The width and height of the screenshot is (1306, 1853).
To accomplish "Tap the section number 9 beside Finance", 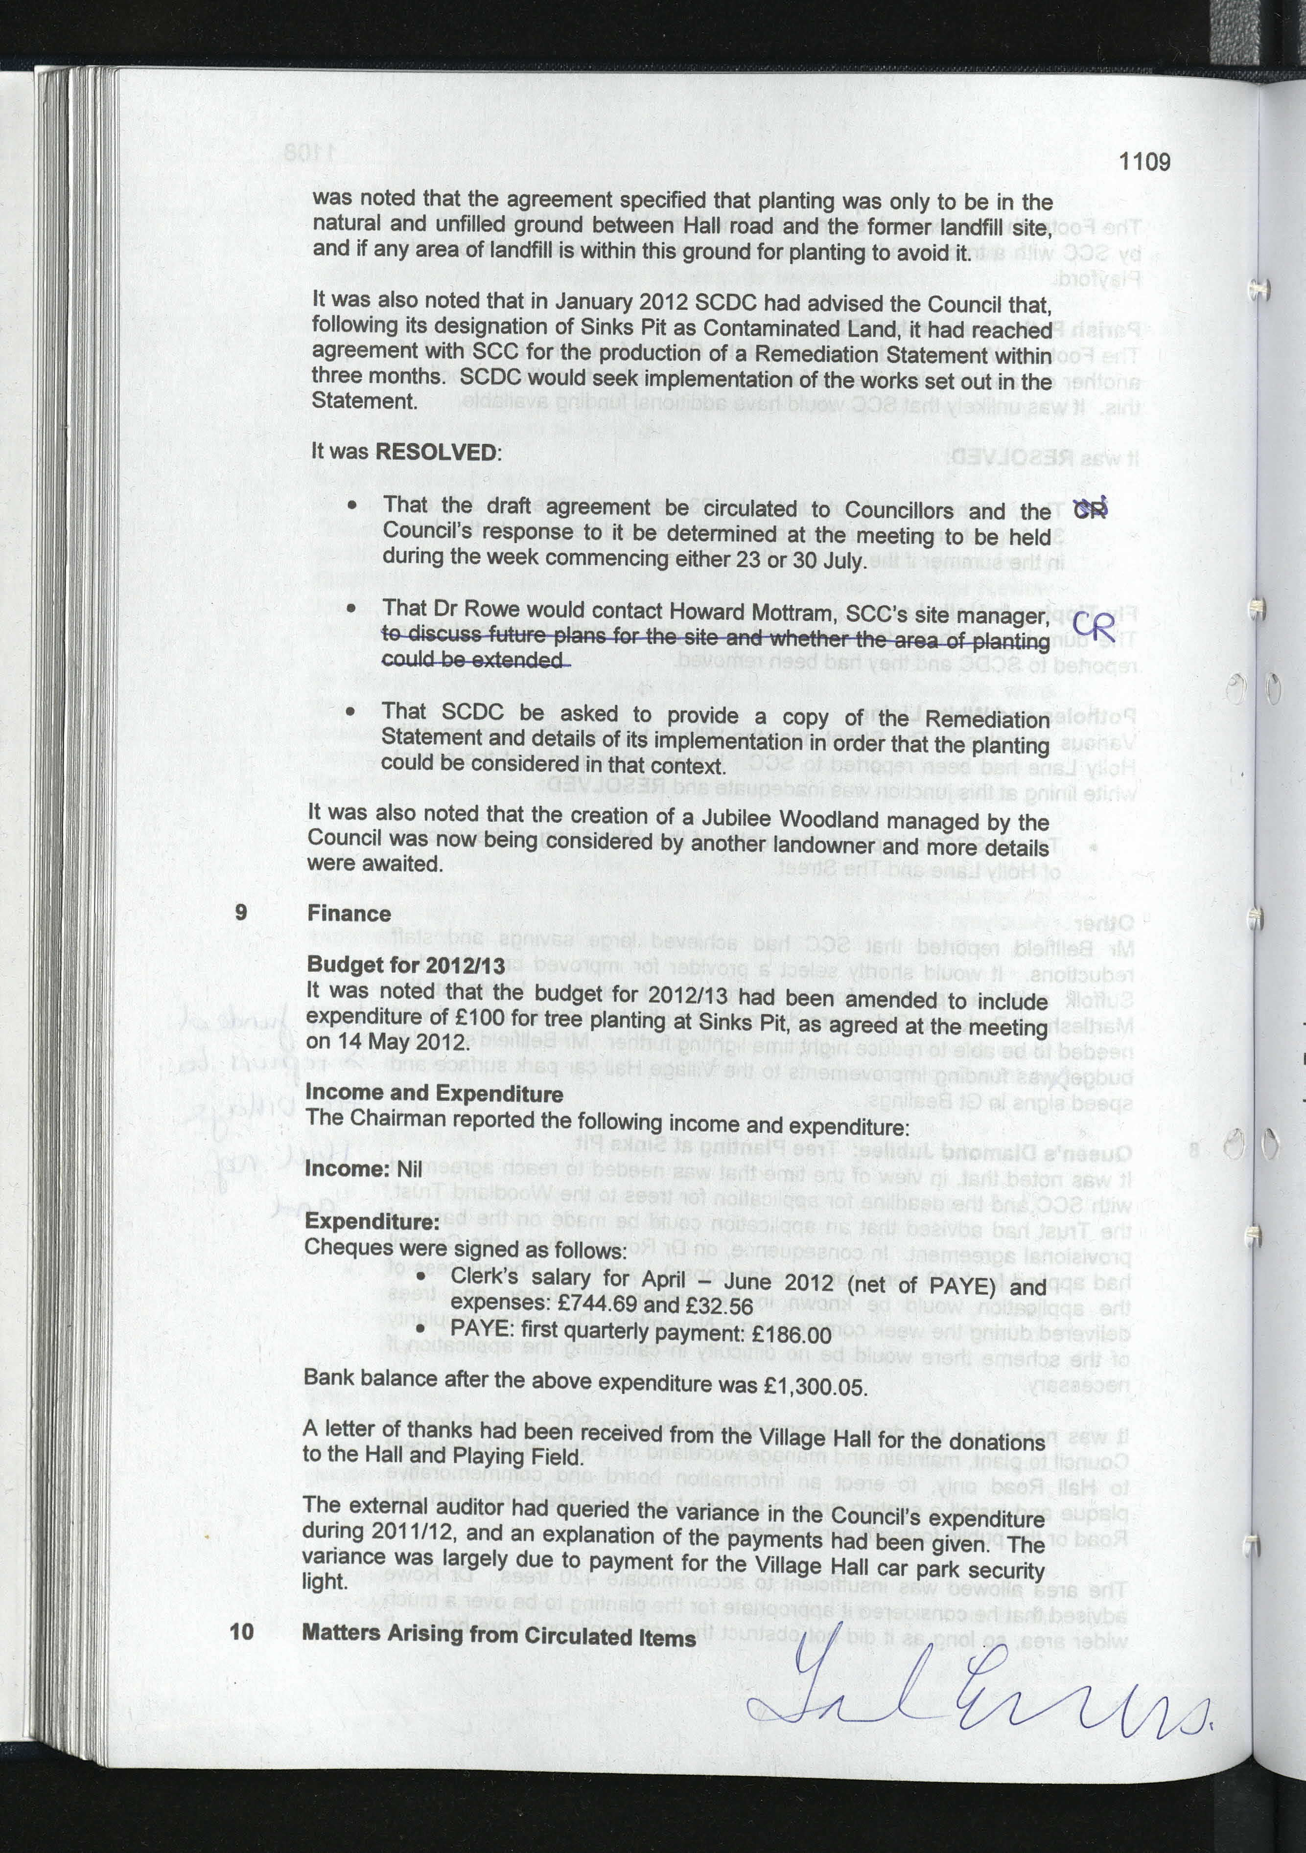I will coord(240,912).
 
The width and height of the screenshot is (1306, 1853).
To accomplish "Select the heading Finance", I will coord(349,914).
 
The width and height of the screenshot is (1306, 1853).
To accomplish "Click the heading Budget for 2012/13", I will coord(405,965).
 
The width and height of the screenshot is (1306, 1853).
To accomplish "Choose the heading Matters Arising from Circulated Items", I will coord(498,1634).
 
